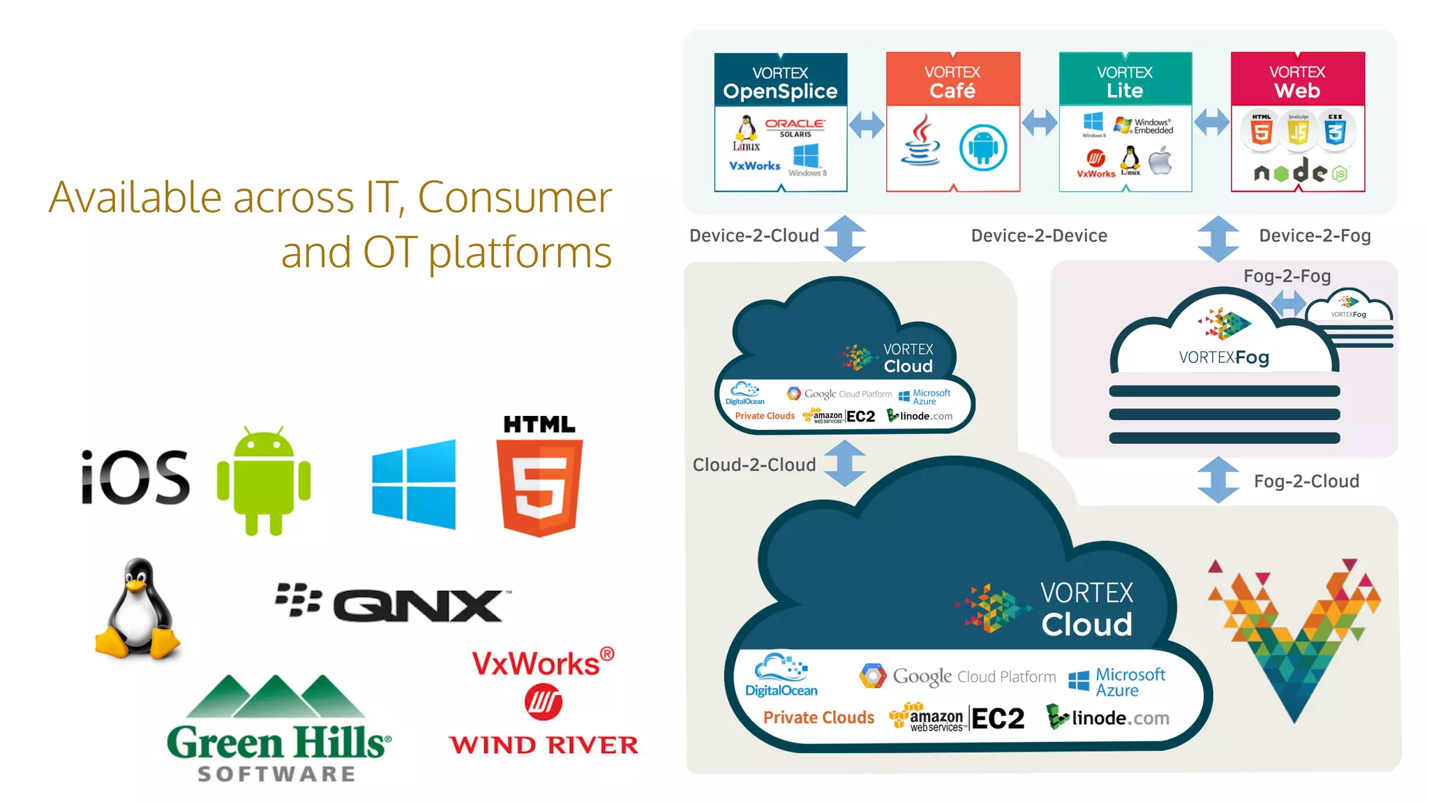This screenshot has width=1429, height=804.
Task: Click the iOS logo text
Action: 135,477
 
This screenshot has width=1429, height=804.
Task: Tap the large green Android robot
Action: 264,482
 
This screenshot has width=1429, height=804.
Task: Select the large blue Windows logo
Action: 414,484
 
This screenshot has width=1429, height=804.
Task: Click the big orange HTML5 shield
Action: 539,486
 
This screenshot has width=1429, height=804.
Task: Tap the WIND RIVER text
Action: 543,745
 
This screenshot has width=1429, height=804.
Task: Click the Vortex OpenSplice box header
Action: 780,82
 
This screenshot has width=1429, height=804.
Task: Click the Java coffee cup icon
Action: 920,141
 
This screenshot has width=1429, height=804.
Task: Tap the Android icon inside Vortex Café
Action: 982,147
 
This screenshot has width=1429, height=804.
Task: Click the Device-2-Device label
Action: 1039,236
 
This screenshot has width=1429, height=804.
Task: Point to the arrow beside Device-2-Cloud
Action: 844,238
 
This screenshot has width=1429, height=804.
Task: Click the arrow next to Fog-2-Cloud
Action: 1218,480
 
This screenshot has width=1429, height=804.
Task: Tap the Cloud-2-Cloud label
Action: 754,465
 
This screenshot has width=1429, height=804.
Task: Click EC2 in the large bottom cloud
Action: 998,718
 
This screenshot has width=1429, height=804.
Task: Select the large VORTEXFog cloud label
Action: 1224,357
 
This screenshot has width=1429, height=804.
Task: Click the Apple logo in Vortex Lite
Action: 1160,161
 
